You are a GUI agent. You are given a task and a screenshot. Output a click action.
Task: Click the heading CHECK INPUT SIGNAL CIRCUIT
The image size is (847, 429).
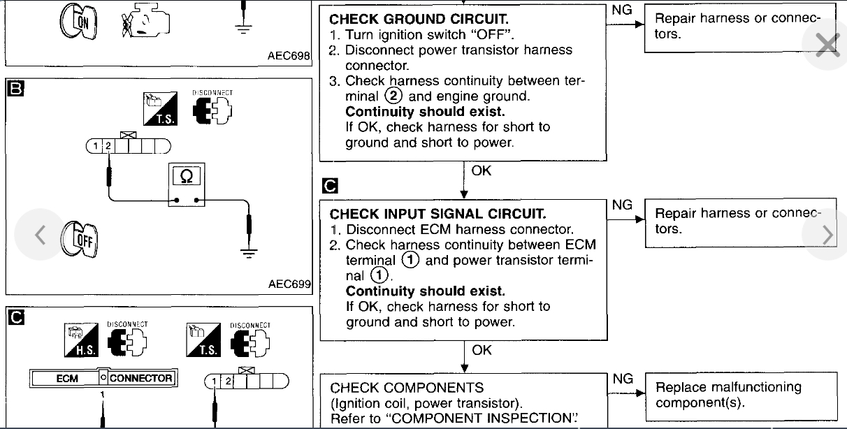(437, 214)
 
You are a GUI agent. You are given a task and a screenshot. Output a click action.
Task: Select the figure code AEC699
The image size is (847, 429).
(289, 284)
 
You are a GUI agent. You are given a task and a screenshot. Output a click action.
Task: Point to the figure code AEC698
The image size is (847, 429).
(289, 56)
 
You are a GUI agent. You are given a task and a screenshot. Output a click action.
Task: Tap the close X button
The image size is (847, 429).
(827, 46)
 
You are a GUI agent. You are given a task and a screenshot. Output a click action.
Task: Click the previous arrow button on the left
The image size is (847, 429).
(40, 235)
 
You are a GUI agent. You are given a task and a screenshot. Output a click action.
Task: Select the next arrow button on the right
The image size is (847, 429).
(828, 235)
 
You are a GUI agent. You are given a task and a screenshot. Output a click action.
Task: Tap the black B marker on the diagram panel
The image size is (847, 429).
(15, 88)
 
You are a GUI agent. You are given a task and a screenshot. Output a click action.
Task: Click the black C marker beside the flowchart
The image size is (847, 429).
(330, 186)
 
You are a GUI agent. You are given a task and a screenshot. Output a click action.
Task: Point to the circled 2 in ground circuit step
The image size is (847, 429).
(392, 96)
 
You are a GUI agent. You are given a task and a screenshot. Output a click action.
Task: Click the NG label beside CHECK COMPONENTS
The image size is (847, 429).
(622, 379)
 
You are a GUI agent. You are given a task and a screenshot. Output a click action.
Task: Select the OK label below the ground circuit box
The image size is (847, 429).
(482, 170)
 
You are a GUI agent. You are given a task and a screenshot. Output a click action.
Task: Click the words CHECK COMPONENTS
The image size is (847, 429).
(407, 387)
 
